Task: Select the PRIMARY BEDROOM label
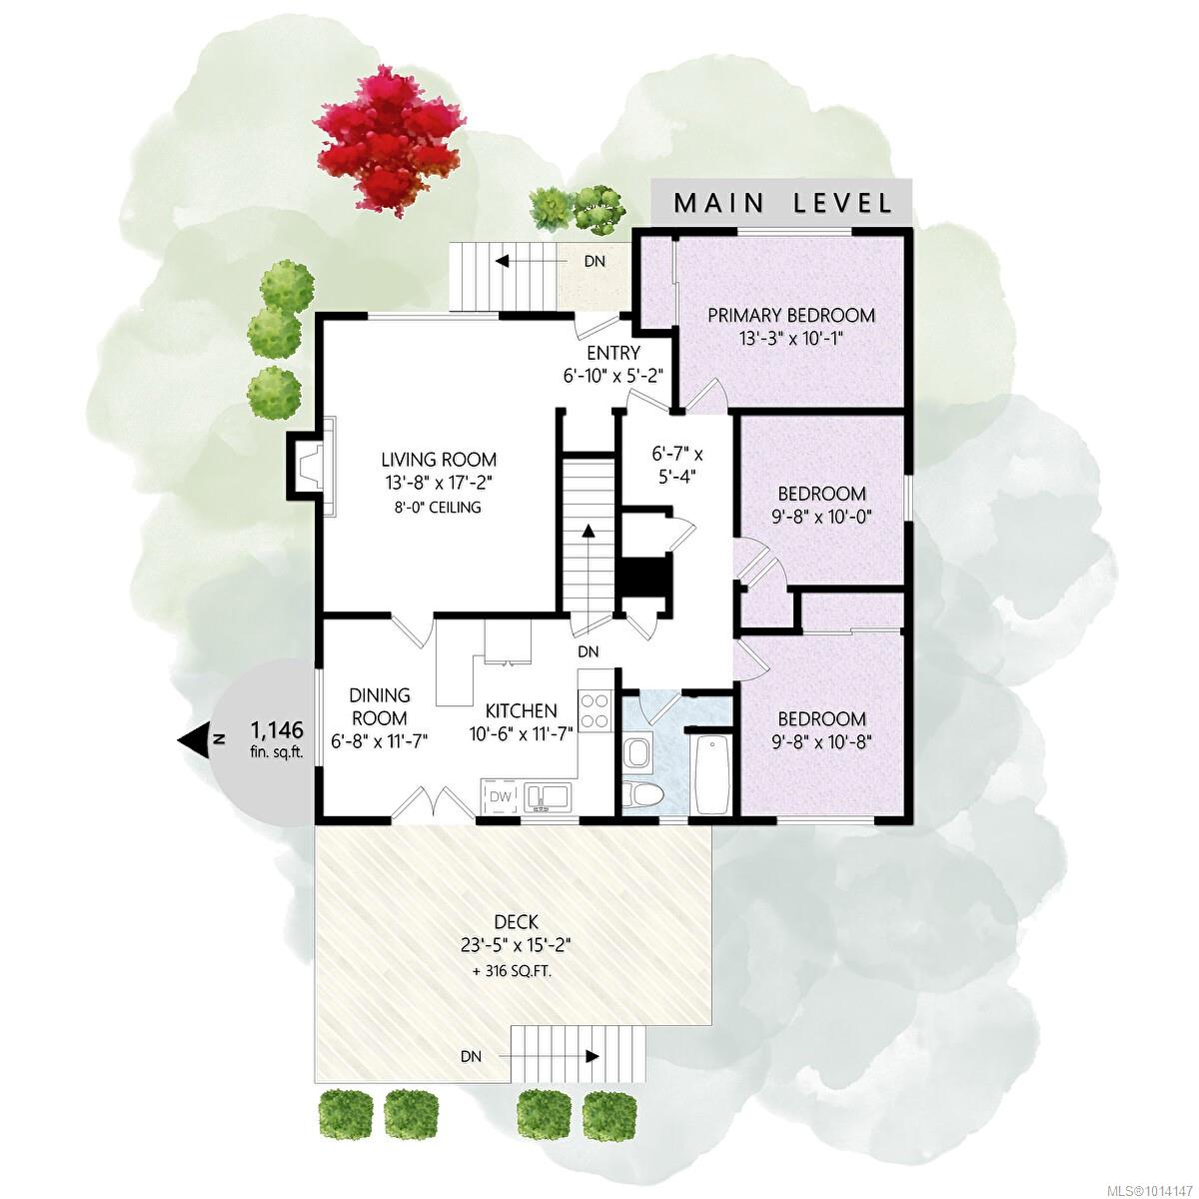[x=790, y=315]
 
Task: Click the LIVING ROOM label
[x=439, y=460]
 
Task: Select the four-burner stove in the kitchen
[x=594, y=711]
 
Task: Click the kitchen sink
[x=548, y=797]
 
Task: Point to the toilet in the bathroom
[x=643, y=795]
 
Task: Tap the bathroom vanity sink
[x=637, y=753]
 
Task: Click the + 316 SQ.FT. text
[x=513, y=971]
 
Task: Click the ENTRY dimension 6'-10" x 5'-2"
[x=611, y=376]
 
